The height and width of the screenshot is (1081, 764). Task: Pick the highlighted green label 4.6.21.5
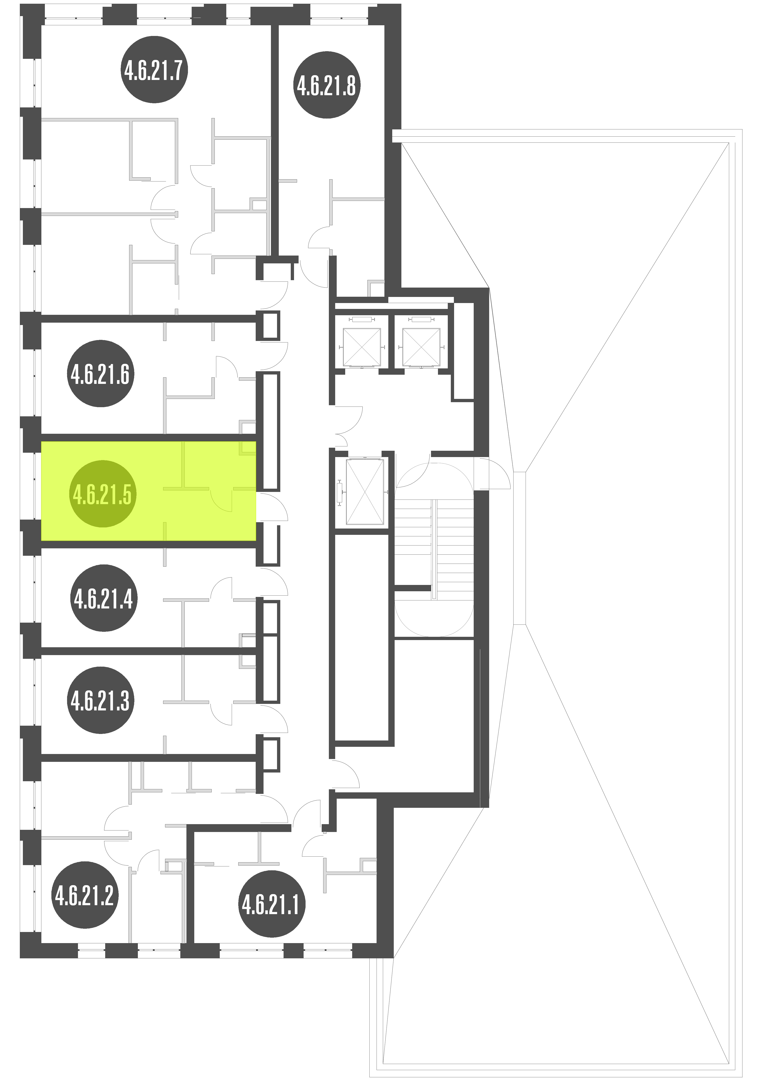click(103, 494)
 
